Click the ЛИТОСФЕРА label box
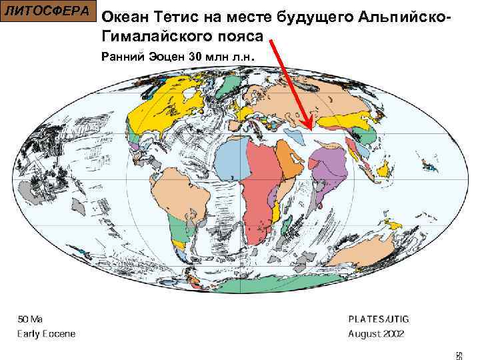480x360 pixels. pyautogui.click(x=48, y=11)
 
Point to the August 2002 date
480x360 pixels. pyautogui.click(x=376, y=333)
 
